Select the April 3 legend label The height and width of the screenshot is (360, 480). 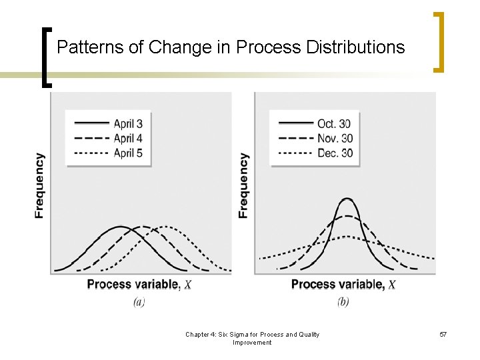pos(128,123)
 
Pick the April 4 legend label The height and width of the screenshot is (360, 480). pos(128,139)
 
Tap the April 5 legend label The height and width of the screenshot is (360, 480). pos(128,153)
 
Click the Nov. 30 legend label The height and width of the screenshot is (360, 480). pos(335,139)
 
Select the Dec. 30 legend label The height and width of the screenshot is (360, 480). pos(335,153)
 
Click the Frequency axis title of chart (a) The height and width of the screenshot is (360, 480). pos(40,186)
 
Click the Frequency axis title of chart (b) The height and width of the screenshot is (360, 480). pos(243,186)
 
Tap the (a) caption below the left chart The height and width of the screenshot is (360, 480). pos(139,302)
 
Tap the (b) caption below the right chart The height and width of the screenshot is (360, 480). pos(343,302)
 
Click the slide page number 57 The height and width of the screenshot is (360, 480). pos(443,334)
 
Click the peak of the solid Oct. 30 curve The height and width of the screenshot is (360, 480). pos(347,199)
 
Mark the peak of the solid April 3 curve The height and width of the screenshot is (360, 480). pos(120,227)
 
